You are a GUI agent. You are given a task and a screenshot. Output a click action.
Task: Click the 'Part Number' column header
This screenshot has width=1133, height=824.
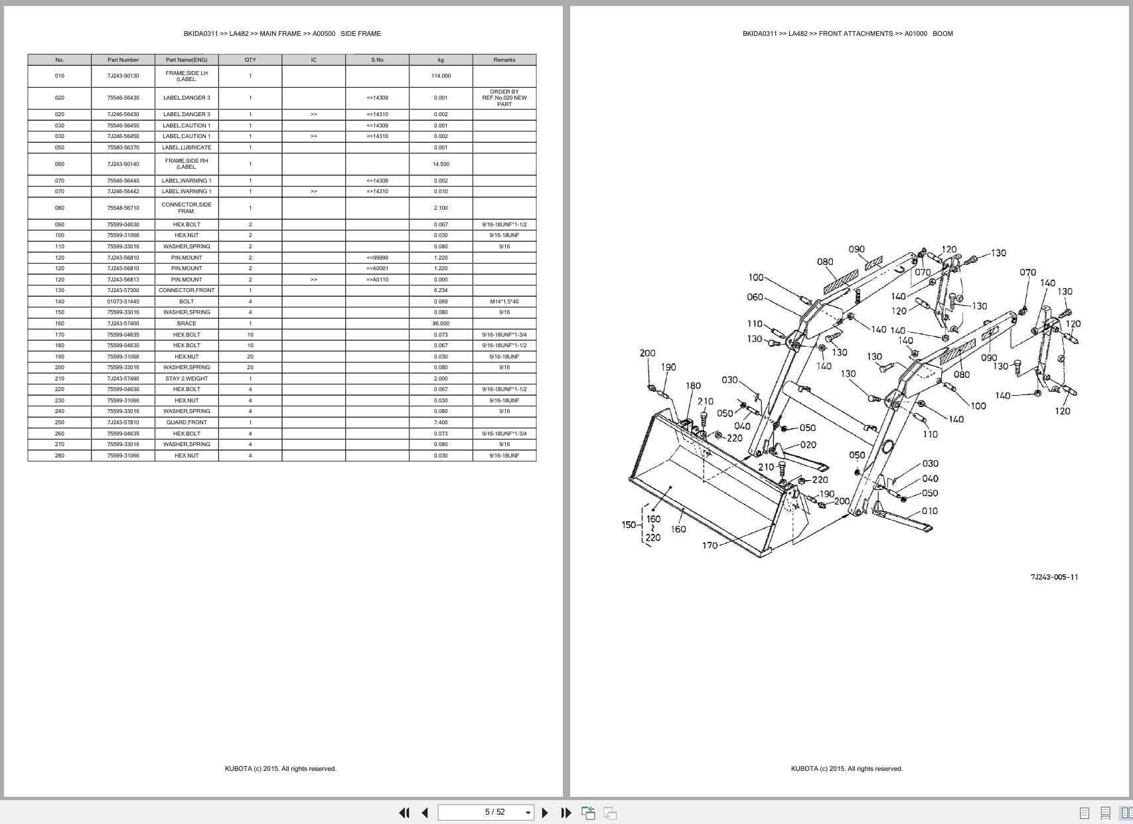[x=123, y=60]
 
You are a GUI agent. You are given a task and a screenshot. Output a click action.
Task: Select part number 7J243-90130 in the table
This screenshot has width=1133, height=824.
[x=123, y=76]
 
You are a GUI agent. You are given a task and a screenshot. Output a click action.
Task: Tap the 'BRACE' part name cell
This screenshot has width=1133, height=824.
[x=187, y=323]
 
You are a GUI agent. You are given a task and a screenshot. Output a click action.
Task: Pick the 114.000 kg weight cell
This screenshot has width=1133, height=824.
[x=441, y=76]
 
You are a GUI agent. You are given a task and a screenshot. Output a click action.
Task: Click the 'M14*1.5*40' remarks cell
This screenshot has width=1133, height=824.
[x=504, y=301]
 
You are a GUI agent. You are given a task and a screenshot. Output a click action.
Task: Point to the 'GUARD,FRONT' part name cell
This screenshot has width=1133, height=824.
[x=187, y=422]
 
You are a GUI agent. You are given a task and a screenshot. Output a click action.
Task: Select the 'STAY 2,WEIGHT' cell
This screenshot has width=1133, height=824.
[x=187, y=378]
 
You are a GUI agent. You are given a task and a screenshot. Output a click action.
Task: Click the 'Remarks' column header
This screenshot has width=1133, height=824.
[x=504, y=60]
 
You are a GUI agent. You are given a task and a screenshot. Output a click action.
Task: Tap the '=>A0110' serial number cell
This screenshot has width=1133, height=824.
[x=377, y=280]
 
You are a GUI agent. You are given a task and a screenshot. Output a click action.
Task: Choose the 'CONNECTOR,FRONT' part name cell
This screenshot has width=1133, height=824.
[x=187, y=290]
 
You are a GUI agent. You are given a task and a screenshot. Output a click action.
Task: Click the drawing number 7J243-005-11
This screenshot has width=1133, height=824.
[x=1054, y=577]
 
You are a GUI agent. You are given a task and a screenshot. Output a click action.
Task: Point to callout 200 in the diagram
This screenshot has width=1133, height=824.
[x=647, y=353]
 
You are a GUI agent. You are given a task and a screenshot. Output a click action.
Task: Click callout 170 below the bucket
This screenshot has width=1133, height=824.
[x=710, y=545]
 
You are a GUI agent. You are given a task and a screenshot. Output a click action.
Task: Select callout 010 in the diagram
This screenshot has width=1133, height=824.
[x=930, y=511]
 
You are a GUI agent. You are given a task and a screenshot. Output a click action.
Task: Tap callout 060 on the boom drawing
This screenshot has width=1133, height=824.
[x=755, y=297]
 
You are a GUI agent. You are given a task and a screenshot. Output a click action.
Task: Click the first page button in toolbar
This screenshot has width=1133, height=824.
[x=404, y=813]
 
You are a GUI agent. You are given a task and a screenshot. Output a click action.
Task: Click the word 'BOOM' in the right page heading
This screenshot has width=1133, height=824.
[x=943, y=33]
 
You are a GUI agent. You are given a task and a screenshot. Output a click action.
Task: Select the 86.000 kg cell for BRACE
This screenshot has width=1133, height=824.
[x=441, y=323]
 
